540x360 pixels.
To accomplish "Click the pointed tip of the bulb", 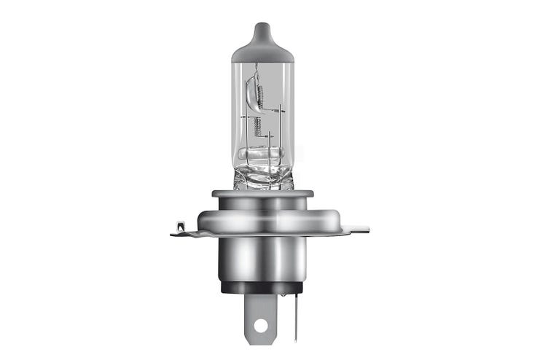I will (x=262, y=26).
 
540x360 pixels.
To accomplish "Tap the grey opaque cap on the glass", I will (x=262, y=48).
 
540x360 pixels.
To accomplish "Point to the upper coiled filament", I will (x=251, y=90).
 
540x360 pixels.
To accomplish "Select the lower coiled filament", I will (x=256, y=131).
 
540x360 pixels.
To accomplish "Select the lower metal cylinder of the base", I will (x=262, y=259).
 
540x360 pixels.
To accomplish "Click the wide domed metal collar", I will (x=262, y=219).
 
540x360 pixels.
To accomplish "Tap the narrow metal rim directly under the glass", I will (x=262, y=195).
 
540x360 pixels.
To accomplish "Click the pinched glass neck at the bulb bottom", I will (x=262, y=177).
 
